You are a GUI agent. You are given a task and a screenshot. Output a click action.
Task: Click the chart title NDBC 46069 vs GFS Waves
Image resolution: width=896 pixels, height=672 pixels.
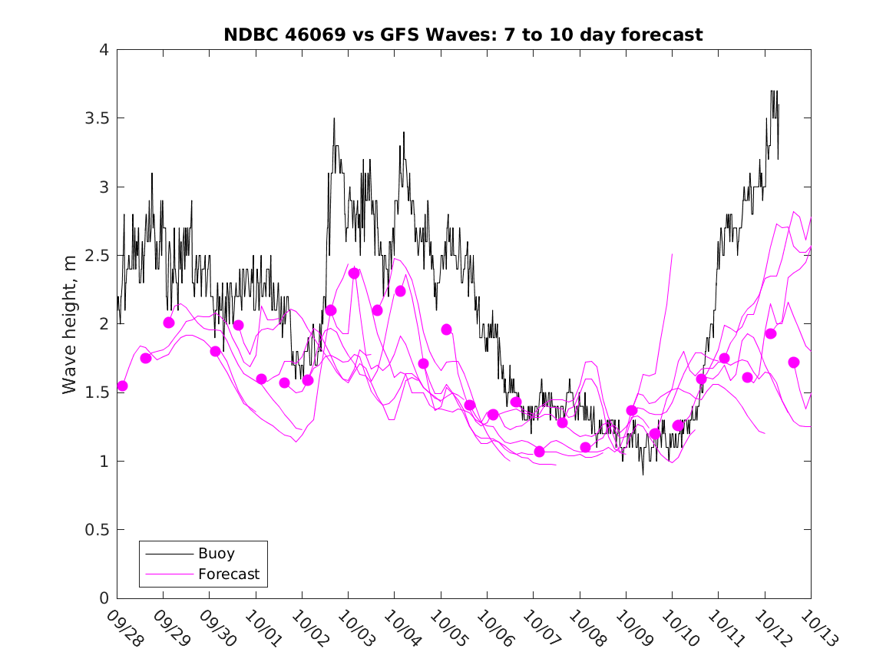(x=463, y=35)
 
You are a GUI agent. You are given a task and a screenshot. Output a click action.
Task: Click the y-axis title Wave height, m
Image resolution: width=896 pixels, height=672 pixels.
(x=70, y=324)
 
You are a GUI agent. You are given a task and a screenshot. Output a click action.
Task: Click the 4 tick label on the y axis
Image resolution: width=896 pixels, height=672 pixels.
(x=103, y=50)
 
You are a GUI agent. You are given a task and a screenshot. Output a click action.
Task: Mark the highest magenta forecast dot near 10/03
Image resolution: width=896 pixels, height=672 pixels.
(x=354, y=273)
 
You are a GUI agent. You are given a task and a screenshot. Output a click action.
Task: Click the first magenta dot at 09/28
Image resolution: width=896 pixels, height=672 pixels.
(x=122, y=386)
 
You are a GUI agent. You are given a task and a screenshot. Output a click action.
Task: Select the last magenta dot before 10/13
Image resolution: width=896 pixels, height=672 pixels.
(x=794, y=362)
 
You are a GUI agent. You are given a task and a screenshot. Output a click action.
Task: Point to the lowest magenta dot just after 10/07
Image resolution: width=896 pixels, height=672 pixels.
(x=539, y=452)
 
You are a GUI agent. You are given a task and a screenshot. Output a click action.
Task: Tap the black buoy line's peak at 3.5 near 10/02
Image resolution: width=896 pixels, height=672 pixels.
(x=334, y=118)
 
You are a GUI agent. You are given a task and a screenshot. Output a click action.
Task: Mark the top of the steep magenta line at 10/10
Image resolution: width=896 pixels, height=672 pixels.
(x=673, y=253)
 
